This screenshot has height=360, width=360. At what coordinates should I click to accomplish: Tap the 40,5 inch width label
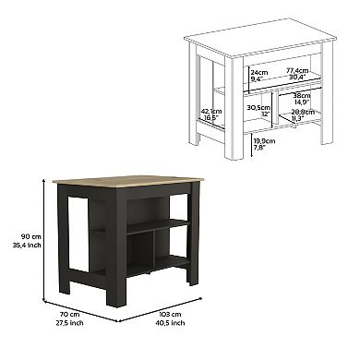tap(170, 324)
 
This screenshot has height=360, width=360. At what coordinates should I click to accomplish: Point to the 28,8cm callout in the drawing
tap(304, 113)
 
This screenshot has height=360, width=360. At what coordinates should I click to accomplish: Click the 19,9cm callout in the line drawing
tap(262, 140)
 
